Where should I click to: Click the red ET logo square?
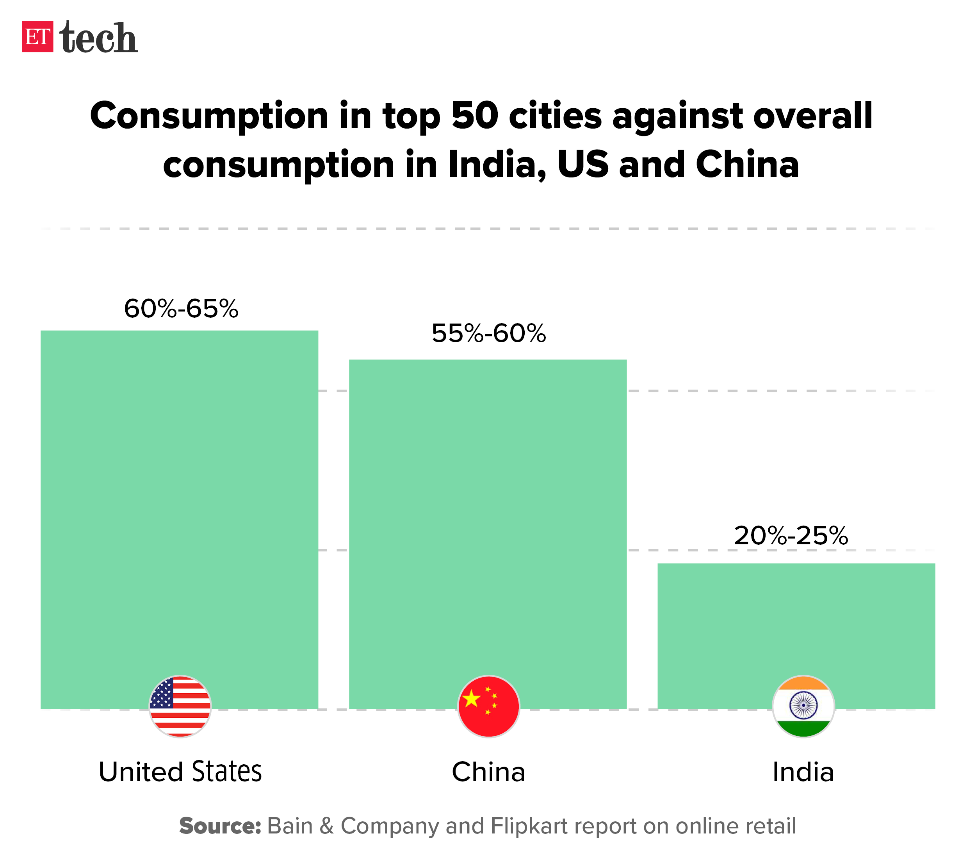(37, 36)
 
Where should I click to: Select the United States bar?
(179, 502)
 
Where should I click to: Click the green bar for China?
(488, 516)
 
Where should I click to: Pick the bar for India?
(796, 621)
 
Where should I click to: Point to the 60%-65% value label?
(181, 309)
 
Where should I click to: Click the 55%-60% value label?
(488, 334)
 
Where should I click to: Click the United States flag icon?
(180, 706)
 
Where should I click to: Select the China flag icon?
(488, 706)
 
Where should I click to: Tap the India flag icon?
(803, 706)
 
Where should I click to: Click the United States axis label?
(180, 772)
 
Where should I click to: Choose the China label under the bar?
(488, 772)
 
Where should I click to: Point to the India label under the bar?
(803, 772)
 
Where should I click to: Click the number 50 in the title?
(475, 116)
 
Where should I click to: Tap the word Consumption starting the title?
(208, 116)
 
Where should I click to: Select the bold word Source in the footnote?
(220, 826)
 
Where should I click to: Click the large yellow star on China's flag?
(471, 699)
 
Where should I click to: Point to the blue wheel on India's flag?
(803, 705)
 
